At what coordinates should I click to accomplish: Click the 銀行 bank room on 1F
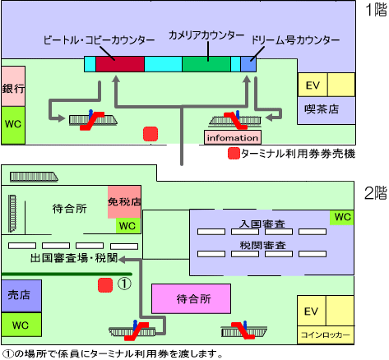point(13,86)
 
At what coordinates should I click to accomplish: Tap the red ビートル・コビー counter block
point(120,64)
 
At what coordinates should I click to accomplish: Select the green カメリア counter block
point(206,64)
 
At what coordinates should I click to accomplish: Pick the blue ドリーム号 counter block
point(248,64)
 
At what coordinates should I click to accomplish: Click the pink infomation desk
point(233,137)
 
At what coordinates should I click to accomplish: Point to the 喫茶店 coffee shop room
point(326,110)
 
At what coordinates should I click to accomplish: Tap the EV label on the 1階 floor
point(313,85)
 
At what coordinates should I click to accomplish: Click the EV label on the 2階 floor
point(311,312)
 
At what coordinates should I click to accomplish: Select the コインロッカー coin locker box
point(326,335)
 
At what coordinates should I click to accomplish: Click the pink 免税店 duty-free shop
point(124,202)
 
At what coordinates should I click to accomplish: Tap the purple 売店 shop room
point(21,296)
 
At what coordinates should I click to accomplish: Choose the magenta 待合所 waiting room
point(192,299)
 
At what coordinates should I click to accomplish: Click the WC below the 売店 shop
point(21,325)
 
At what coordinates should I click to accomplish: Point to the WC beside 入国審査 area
point(342,218)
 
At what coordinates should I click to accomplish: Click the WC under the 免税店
point(128,226)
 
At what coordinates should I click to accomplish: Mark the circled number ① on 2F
point(124,284)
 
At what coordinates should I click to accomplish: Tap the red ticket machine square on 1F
point(151,134)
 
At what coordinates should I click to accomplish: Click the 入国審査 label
point(262,224)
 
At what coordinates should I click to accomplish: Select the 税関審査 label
point(262,245)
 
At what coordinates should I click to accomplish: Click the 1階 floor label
point(376,10)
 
